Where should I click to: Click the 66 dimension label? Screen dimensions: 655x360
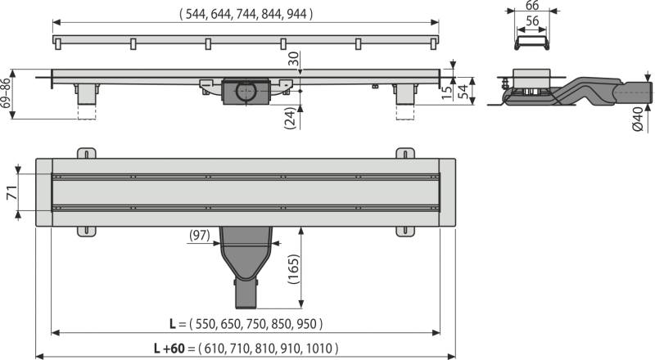532,5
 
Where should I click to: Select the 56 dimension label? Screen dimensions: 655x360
532,21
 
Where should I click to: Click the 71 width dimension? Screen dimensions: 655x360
11,192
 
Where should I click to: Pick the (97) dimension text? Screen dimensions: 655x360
200,236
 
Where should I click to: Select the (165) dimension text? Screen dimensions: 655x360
294,269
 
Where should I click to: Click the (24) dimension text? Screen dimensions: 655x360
290,118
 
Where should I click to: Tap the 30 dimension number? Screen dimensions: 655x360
294,58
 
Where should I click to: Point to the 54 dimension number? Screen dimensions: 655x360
463,91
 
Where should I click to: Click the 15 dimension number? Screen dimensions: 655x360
447,92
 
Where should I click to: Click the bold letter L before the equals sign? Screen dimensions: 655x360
173,324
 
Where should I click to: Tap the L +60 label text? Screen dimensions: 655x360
169,349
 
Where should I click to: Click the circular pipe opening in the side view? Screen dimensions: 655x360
246,92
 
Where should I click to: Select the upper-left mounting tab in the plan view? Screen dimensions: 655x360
87,153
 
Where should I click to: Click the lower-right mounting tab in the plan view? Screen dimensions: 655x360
405,232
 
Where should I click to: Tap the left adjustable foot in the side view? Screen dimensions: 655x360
87,95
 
